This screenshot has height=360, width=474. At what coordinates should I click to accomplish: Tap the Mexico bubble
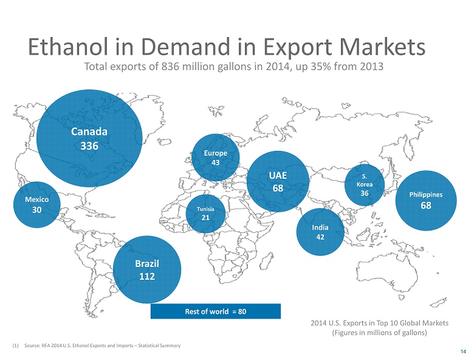tap(37, 204)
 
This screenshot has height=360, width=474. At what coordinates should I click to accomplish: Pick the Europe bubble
tap(215, 157)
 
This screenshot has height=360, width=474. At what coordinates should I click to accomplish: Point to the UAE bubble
tap(278, 182)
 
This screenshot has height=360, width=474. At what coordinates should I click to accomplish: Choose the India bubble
tap(320, 232)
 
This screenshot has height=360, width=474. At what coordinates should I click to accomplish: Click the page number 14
tap(463, 352)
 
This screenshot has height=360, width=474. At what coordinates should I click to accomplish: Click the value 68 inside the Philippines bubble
tap(425, 206)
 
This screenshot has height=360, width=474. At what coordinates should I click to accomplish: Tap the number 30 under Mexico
tap(37, 210)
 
